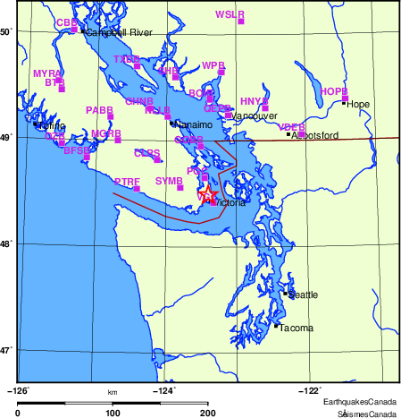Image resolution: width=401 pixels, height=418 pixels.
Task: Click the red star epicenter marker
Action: coord(207,192)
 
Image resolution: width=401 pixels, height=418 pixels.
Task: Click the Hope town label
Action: coord(358,104)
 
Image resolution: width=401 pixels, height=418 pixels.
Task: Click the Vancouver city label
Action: coord(255,116)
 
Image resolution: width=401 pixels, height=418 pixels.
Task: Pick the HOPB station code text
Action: coord(333,91)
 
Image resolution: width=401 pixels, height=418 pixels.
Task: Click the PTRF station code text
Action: coord(127,182)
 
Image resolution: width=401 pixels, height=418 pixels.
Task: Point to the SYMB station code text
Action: coord(169,181)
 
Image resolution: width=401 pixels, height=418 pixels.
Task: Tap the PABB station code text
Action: coord(98,109)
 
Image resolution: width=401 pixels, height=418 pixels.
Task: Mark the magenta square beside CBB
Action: coord(73,30)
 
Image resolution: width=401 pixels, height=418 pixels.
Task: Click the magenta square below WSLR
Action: coord(241,21)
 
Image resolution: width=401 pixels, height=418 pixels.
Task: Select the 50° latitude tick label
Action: coord(6,31)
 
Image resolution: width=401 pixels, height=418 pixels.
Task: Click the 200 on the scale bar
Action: coord(207,413)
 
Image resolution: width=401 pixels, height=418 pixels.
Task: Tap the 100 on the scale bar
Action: coord(113,413)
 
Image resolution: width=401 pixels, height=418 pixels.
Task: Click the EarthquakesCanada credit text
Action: coord(360,402)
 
